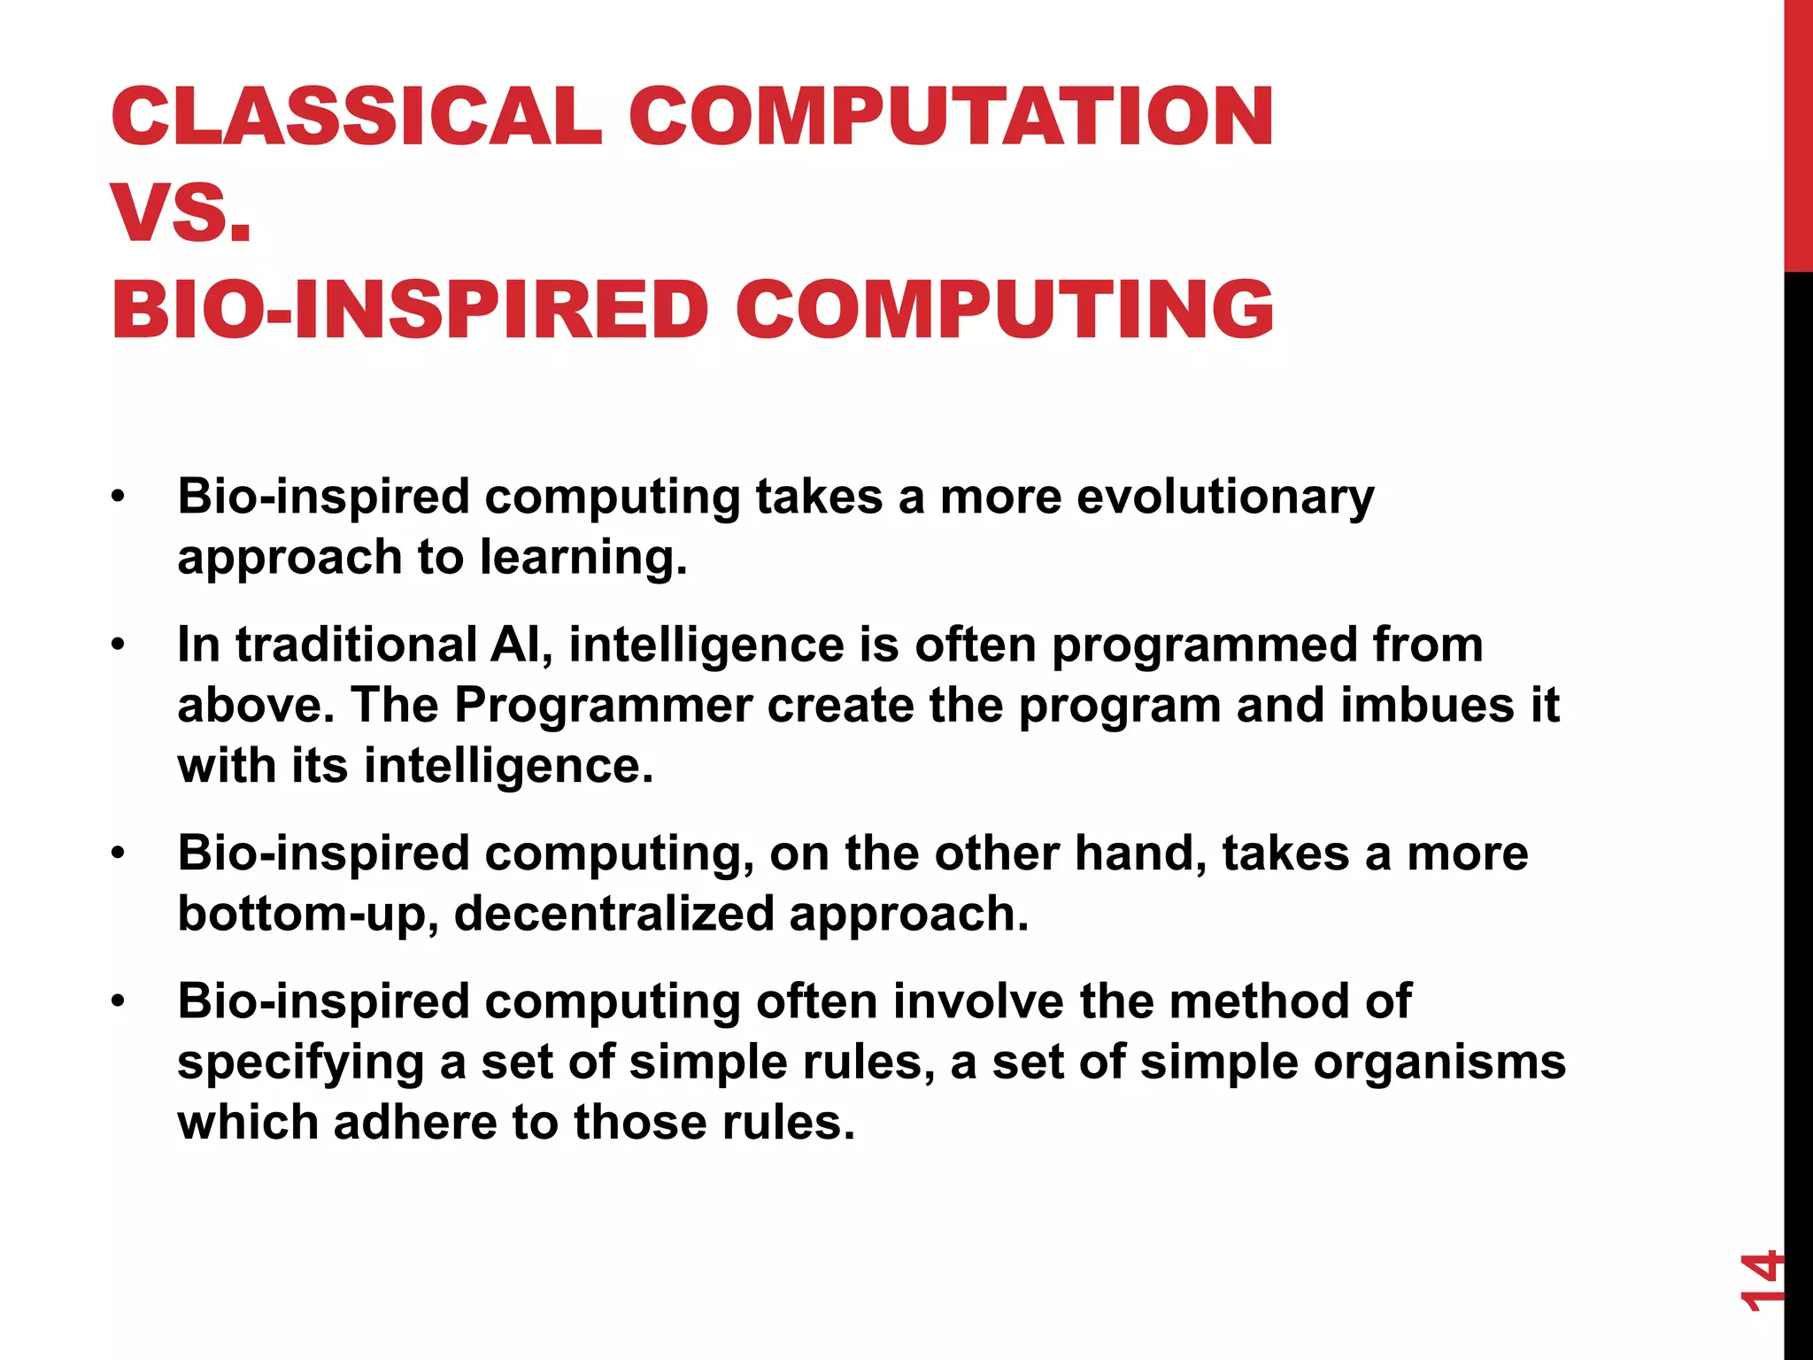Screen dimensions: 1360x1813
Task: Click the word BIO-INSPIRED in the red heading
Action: [410, 309]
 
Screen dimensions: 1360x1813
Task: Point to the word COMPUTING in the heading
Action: [1004, 309]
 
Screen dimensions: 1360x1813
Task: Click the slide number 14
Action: [1758, 1279]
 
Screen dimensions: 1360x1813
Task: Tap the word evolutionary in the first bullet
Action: [1225, 497]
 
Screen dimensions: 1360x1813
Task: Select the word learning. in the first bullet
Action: [583, 557]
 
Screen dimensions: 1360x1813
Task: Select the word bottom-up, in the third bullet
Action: [308, 914]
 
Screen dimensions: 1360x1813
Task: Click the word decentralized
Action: [613, 914]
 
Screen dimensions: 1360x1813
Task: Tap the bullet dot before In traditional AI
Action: [118, 645]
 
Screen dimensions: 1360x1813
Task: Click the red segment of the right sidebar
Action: [1798, 133]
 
